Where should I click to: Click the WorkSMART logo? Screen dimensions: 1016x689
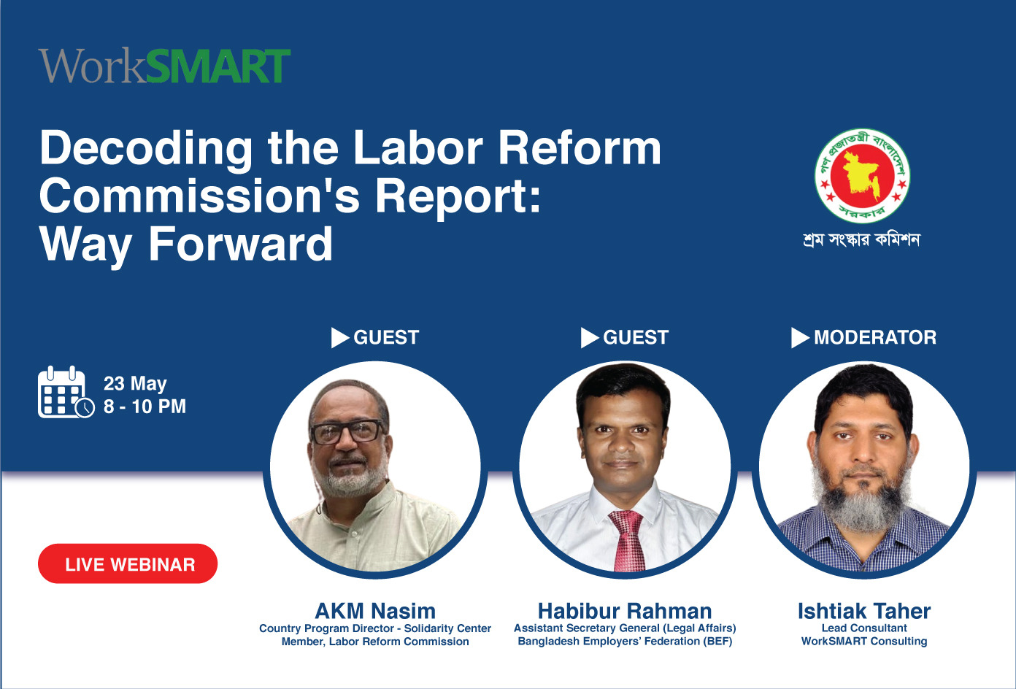164,66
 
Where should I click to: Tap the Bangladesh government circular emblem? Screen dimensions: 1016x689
862,176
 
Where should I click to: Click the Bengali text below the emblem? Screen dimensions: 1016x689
861,240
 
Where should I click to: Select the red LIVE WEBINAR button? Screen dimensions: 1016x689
128,563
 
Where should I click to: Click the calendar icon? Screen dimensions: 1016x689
66,393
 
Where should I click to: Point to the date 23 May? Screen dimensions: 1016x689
135,384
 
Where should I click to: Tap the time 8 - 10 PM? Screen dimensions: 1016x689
145,407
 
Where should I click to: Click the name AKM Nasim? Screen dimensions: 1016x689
375,611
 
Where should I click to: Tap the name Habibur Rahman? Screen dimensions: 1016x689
625,611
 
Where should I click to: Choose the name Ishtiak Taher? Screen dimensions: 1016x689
864,611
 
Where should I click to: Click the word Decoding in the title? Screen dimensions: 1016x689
146,149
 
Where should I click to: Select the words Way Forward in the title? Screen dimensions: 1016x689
186,245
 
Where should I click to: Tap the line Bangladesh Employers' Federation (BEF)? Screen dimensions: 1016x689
625,641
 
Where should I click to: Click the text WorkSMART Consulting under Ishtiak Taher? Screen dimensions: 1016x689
864,641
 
